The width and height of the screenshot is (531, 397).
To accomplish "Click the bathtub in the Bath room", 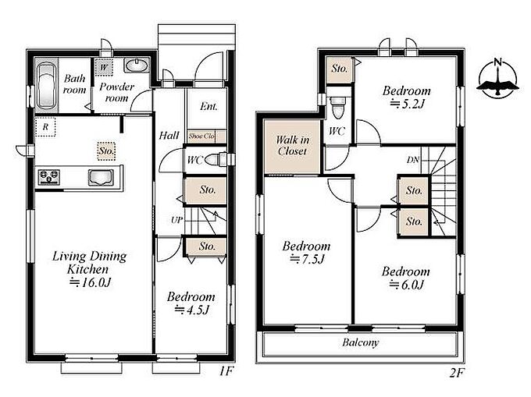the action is pos(46,85).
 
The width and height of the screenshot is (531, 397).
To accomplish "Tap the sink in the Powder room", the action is pos(137,65).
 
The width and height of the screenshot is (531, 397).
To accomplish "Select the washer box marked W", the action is pos(104,67).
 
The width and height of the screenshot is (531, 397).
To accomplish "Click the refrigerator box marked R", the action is pos(45,127).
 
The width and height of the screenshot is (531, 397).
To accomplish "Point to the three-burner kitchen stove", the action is pos(49,177).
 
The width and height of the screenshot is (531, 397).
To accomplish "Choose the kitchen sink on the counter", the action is pos(101,178).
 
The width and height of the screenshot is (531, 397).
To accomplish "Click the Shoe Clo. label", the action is pos(201,136).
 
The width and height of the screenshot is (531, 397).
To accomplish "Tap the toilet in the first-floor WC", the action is pos(216,159).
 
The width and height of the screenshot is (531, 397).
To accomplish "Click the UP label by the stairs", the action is pos(176,220).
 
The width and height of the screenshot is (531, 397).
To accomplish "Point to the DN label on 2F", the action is pos(413,160).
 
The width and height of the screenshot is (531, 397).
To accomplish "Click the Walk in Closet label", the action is pos(293,145).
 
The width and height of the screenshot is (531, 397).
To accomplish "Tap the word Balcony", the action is pos(360,342).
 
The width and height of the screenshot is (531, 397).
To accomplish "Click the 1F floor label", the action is pos(226,371).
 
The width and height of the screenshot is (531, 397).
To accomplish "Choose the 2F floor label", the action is pos(456,373).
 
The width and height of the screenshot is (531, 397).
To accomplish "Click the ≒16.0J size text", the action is pos(90,282).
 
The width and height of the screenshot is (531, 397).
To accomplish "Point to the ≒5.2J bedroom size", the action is pos(407,104).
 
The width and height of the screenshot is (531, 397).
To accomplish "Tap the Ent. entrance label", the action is pos(208,107).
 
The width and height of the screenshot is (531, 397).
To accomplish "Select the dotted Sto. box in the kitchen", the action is pos(107,151).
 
